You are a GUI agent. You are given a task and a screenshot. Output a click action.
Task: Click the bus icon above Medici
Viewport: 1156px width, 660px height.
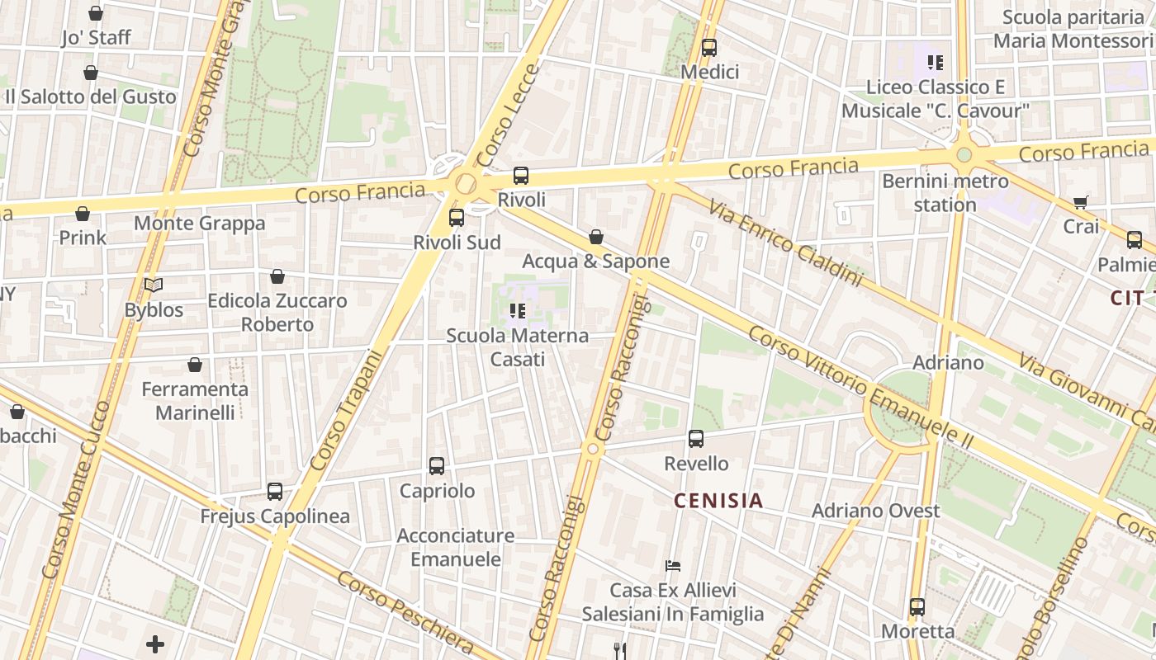(708, 48)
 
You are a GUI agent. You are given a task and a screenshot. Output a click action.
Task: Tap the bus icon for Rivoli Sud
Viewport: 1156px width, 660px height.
(456, 218)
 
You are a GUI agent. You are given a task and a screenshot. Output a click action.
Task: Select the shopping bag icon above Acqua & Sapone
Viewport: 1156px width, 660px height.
(595, 238)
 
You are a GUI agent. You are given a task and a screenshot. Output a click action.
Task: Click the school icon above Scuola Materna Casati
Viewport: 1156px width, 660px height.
(518, 311)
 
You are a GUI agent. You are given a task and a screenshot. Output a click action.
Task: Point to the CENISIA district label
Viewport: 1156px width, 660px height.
(718, 501)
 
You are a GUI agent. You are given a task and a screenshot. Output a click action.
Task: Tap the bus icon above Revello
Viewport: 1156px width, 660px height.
(696, 439)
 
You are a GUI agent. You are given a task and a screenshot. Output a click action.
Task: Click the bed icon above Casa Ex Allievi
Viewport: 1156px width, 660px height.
(673, 566)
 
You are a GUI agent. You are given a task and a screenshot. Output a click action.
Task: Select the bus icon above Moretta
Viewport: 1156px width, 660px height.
(917, 607)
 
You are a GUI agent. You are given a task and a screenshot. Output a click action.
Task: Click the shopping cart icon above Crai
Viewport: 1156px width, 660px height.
(1080, 202)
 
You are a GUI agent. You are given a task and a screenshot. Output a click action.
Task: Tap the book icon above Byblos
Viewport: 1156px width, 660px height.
(154, 285)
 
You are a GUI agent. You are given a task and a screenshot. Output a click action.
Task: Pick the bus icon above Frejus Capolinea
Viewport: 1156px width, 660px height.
(275, 492)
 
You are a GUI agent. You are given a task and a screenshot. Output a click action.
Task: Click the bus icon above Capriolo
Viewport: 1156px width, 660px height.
(437, 466)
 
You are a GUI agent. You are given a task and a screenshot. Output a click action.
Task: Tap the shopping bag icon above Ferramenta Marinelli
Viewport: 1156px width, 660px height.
(195, 365)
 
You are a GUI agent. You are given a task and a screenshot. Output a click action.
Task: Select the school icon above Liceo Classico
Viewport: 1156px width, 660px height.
(935, 62)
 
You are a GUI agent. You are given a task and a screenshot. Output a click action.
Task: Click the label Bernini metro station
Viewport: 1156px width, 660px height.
(945, 192)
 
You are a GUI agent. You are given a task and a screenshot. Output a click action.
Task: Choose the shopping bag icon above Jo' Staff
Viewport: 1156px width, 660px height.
(96, 13)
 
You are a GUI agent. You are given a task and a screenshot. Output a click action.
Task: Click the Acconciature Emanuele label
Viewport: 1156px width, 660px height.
(456, 547)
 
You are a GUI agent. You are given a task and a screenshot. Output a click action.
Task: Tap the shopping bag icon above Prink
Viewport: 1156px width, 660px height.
(83, 214)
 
